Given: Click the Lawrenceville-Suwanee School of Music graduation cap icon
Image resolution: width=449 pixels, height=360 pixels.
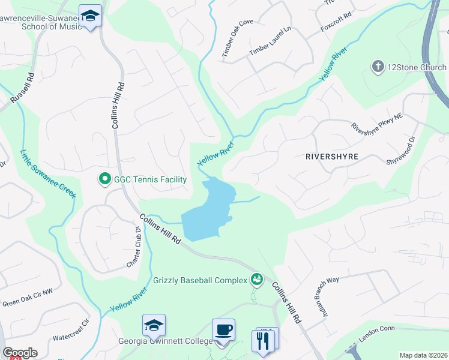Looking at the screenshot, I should click(90, 16).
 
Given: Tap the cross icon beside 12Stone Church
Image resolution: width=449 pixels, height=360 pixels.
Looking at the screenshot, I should click(378, 66).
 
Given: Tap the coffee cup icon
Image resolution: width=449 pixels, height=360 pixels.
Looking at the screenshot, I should click(223, 329).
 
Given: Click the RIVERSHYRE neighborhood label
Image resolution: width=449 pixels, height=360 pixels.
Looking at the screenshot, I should click(332, 157).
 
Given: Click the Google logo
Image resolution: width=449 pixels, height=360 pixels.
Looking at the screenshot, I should click(20, 353).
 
